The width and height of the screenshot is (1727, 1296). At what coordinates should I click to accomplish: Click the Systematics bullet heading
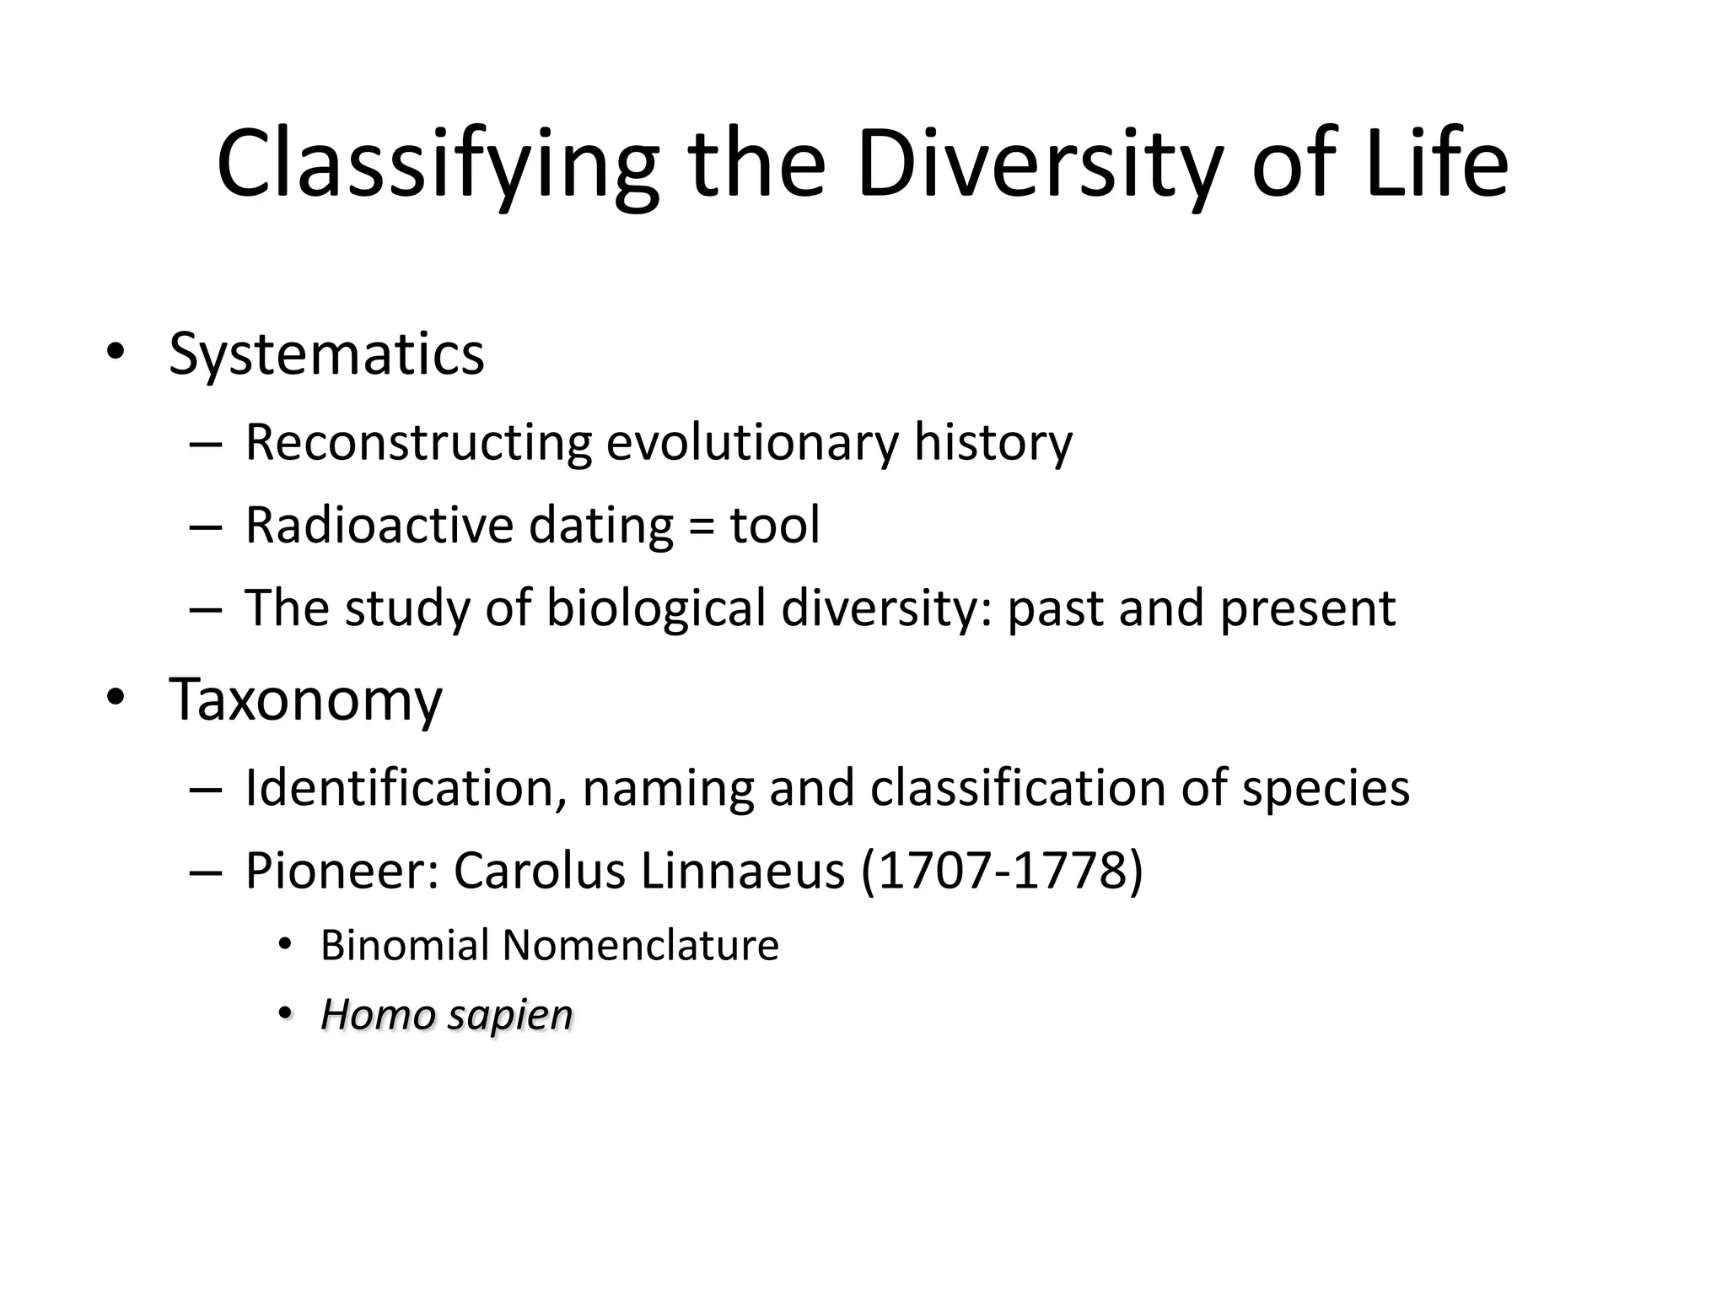coord(326,354)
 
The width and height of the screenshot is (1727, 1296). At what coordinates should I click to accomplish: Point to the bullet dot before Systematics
coord(115,353)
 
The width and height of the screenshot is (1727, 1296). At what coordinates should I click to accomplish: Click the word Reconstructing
coord(418,442)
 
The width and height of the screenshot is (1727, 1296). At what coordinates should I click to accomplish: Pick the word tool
coord(774,525)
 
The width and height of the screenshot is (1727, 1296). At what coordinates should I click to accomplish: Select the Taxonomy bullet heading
coord(305,700)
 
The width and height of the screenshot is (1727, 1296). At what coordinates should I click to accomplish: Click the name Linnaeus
coord(742,871)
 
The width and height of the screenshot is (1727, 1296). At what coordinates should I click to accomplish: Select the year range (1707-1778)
coord(1003,871)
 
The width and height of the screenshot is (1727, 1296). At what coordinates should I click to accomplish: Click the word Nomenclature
coord(640,945)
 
